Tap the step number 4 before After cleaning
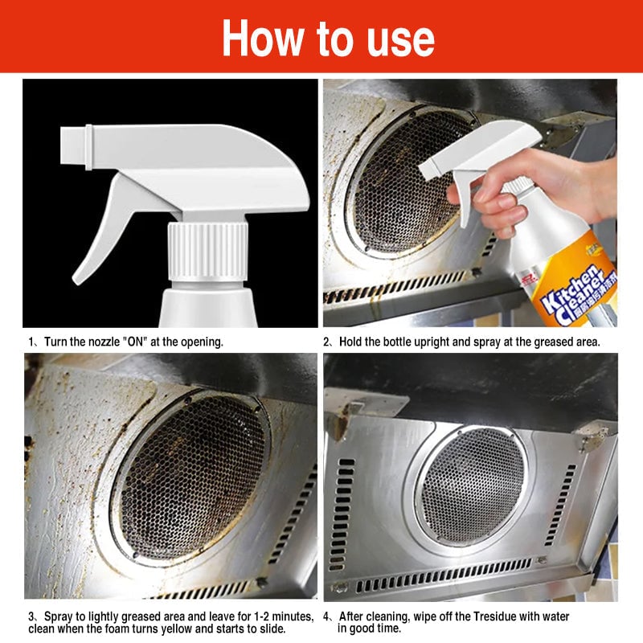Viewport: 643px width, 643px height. pos(326,616)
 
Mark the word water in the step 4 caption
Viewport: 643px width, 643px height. pos(554,616)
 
